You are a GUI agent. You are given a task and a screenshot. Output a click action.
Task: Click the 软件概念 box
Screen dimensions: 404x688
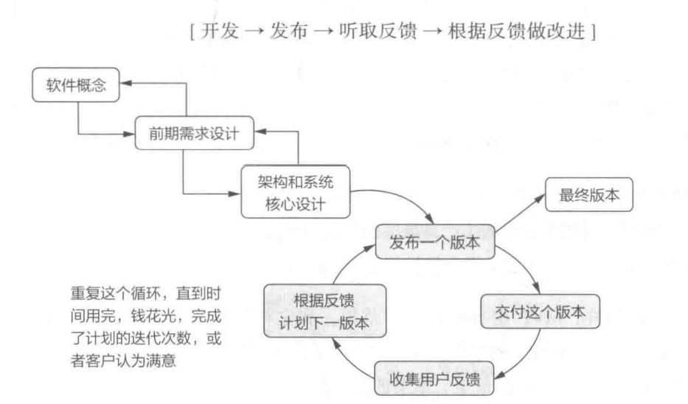pyautogui.click(x=75, y=86)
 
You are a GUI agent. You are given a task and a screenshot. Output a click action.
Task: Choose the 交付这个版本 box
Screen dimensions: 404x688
pyautogui.click(x=539, y=312)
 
